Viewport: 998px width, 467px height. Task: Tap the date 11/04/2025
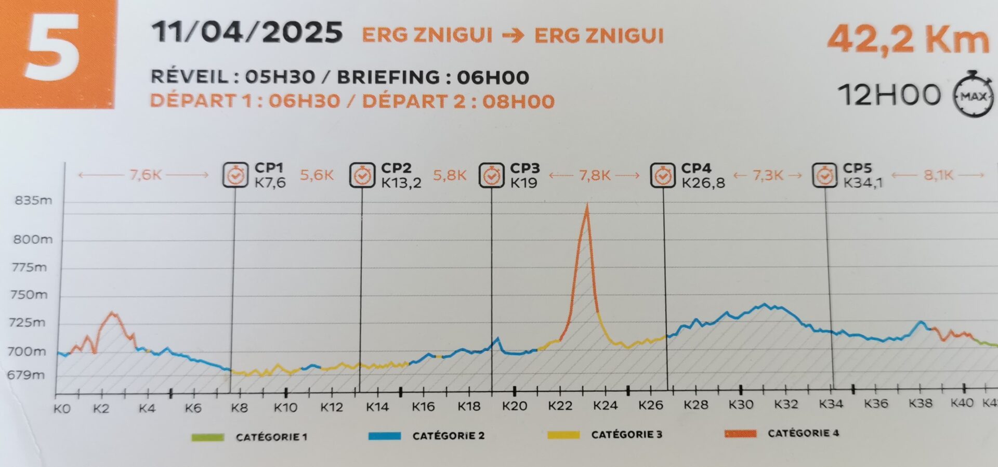[x=247, y=33]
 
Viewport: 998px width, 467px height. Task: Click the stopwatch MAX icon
[x=973, y=96]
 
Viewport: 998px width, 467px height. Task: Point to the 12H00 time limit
[x=889, y=95]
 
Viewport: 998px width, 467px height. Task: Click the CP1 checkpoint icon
[x=235, y=175]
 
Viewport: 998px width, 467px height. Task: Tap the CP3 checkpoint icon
[x=491, y=175]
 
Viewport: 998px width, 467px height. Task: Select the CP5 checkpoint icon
[x=825, y=175]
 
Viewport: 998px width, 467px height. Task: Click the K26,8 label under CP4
[x=703, y=183]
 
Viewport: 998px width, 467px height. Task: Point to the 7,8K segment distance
[x=595, y=175]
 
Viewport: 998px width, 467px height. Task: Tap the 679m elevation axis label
[x=26, y=375]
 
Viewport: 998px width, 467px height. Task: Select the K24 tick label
[x=605, y=405]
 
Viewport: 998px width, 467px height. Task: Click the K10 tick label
[x=285, y=407]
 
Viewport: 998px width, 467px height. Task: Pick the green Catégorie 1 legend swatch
[x=207, y=437]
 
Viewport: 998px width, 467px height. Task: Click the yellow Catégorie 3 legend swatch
[x=563, y=435]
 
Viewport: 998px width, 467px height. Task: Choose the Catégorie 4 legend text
[x=803, y=433]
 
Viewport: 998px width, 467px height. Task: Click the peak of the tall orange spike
[x=587, y=205]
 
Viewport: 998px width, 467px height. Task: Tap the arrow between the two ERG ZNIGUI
[x=513, y=36]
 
